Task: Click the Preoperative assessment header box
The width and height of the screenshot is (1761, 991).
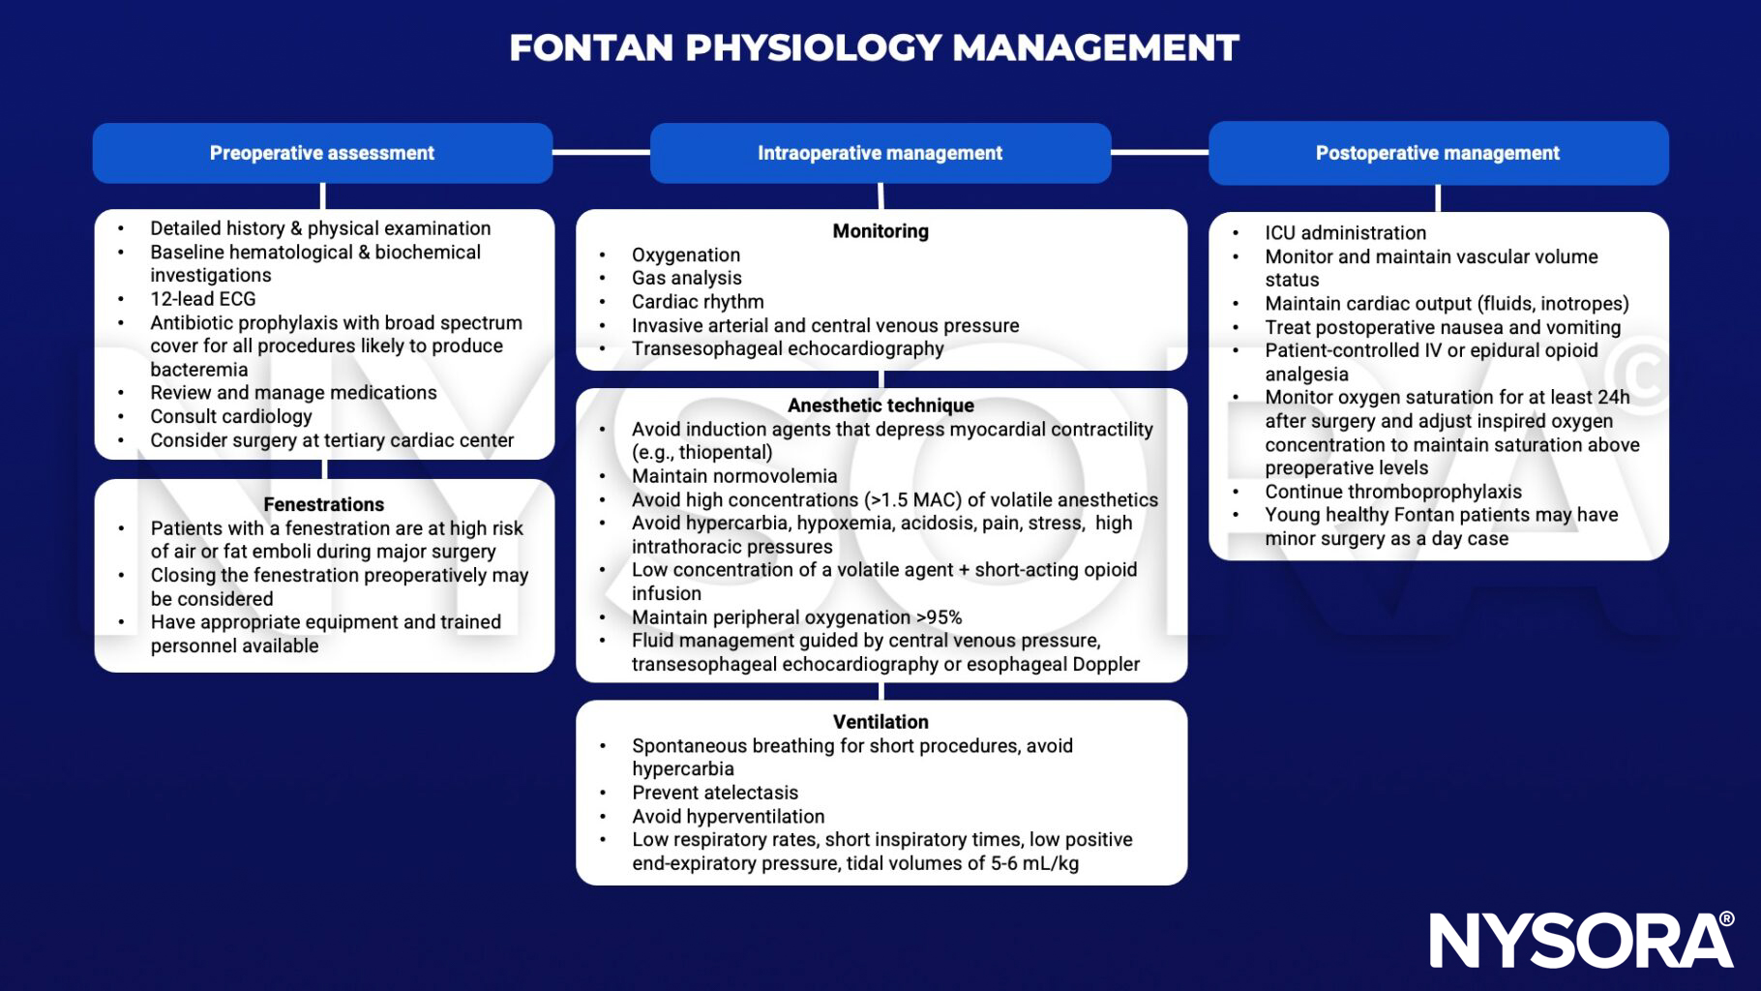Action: (x=322, y=153)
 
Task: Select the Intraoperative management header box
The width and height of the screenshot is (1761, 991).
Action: (x=880, y=153)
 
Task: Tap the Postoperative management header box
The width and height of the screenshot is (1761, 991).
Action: (x=1438, y=153)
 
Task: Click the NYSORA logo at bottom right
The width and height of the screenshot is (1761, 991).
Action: (x=1581, y=940)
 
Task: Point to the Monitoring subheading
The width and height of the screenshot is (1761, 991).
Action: (x=880, y=231)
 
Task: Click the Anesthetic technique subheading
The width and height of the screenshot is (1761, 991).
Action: (x=880, y=405)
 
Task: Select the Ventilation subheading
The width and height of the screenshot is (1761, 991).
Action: (x=880, y=722)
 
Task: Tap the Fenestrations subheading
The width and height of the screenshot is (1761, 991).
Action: (x=323, y=504)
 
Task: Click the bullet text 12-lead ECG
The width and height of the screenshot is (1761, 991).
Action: (x=202, y=299)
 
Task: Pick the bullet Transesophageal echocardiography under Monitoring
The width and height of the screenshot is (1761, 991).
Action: (x=788, y=349)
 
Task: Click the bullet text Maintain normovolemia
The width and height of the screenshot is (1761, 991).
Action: (x=734, y=476)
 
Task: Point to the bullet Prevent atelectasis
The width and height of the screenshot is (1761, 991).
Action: (x=715, y=793)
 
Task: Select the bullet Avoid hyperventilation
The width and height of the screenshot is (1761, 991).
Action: (x=728, y=817)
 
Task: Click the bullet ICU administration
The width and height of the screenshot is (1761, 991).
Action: (x=1345, y=233)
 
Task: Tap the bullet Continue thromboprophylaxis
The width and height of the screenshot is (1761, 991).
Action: (x=1393, y=492)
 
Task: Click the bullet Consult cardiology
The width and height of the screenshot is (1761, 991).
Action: (x=231, y=417)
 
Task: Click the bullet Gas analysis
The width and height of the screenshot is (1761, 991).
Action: (x=686, y=279)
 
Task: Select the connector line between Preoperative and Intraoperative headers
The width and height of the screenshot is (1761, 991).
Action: (x=601, y=152)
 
